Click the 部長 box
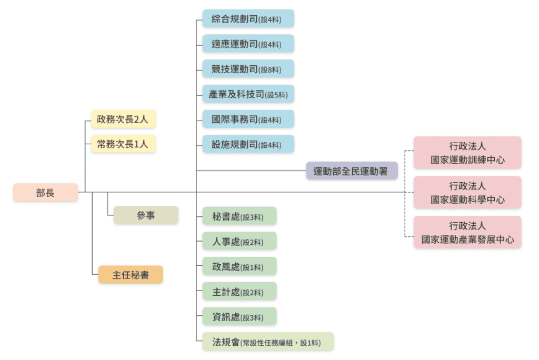[45, 193]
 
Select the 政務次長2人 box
[123, 119]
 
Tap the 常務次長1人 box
[123, 144]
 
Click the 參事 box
[146, 215]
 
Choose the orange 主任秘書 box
[131, 275]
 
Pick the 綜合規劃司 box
[248, 19]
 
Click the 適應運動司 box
[248, 44]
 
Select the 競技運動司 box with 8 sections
[248, 69]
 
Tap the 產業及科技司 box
[248, 94]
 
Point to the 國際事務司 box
[248, 119]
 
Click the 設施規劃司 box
[248, 144]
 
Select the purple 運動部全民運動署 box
[352, 171]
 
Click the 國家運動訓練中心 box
[467, 153]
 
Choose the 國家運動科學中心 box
[467, 193]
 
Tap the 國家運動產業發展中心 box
[467, 233]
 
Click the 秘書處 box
[239, 216]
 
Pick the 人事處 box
[239, 241]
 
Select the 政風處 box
[239, 266]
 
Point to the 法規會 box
[267, 342]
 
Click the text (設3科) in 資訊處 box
[252, 317]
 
